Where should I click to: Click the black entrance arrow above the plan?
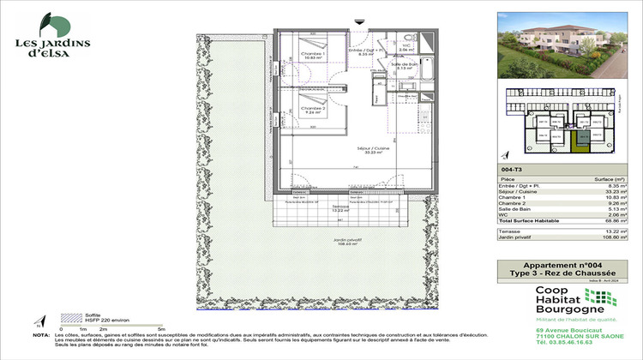[x=358, y=21]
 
